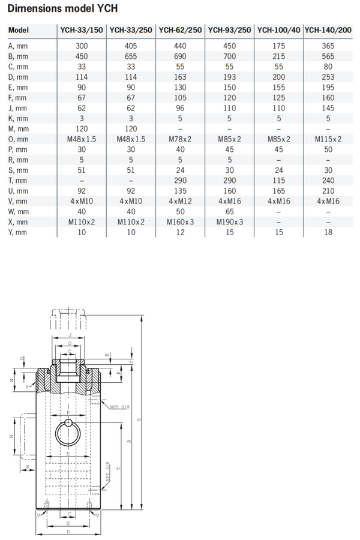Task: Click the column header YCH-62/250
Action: pos(180,30)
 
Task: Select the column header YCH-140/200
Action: pos(328,30)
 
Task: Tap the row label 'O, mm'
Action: pos(19,139)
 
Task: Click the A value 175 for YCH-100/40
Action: pos(278,45)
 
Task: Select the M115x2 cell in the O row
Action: pos(328,139)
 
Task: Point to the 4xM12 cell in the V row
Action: pos(180,202)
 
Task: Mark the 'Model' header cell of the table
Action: pos(19,30)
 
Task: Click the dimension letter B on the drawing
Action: pos(139,419)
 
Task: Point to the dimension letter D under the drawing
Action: pos(69,532)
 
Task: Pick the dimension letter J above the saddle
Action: pos(70,335)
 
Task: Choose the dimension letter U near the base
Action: pos(69,523)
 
